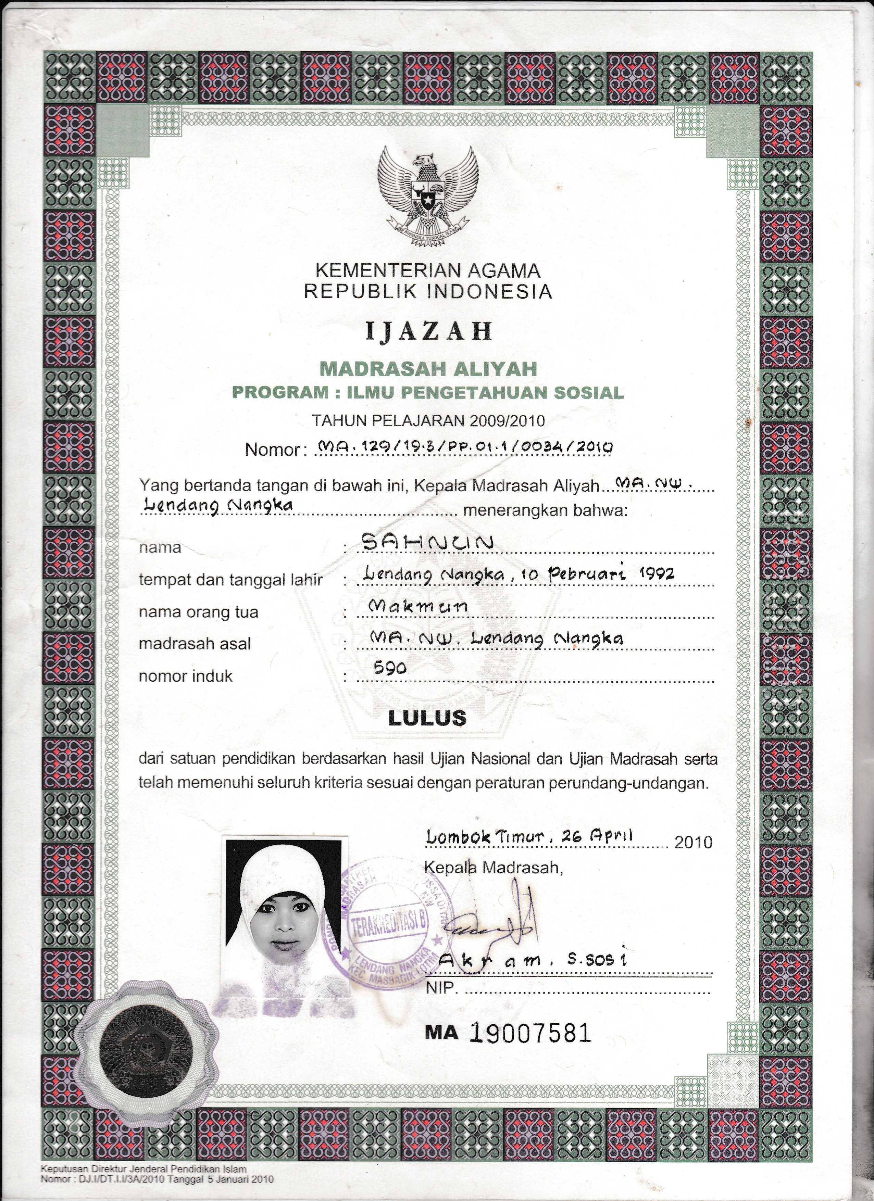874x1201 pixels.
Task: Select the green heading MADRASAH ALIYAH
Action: click(x=428, y=369)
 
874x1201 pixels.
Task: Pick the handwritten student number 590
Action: click(x=390, y=668)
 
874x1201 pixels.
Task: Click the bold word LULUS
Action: click(x=427, y=718)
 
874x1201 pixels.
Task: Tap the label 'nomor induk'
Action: click(x=185, y=676)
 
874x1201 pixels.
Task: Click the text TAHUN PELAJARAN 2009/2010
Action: click(x=428, y=421)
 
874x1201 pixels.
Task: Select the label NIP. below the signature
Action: click(x=440, y=988)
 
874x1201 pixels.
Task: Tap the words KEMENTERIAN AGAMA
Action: click(x=428, y=271)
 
